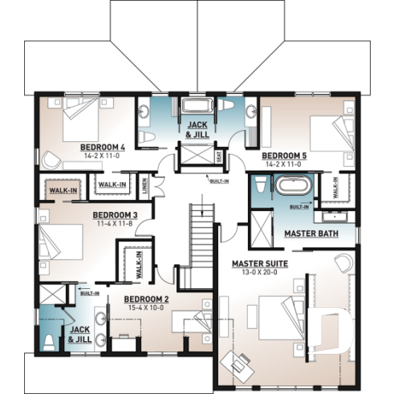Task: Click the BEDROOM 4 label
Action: click(x=102, y=148)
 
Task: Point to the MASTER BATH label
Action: click(x=311, y=234)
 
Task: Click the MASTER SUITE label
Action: click(x=261, y=263)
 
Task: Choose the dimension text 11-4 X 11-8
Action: click(x=115, y=224)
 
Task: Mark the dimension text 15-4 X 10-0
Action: click(x=144, y=307)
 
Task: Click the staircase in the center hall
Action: click(x=201, y=241)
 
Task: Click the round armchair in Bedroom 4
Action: click(x=52, y=160)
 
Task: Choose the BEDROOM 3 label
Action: click(x=115, y=215)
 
